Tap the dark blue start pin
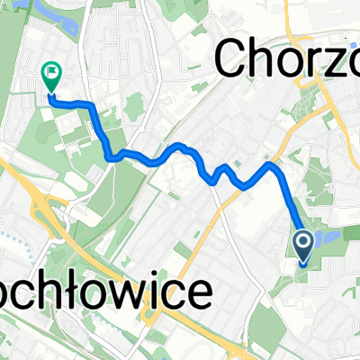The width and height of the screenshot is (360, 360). [x=302, y=246]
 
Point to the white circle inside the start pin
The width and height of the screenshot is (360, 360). [x=302, y=240]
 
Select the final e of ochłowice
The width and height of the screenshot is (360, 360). [x=201, y=297]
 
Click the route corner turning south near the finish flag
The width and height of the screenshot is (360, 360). [x=91, y=105]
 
